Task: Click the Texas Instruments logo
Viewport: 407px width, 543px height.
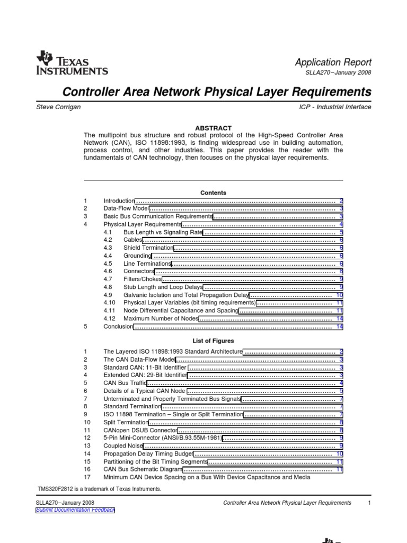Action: click(72, 63)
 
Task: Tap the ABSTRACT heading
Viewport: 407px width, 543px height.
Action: click(213, 128)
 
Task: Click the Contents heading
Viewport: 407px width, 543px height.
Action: click(213, 192)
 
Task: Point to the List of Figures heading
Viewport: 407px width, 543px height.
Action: click(213, 341)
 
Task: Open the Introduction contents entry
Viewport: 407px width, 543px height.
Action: click(119, 202)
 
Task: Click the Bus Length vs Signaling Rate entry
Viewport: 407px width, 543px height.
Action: click(163, 232)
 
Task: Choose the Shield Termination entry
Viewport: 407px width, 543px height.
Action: click(148, 248)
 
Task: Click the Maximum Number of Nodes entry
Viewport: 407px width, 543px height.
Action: click(161, 318)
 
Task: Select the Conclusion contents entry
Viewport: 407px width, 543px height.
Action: click(118, 327)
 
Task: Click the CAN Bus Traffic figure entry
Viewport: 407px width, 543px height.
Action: click(125, 383)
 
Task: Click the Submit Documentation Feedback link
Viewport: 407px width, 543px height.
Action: click(75, 510)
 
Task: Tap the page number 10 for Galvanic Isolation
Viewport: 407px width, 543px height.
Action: click(340, 295)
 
